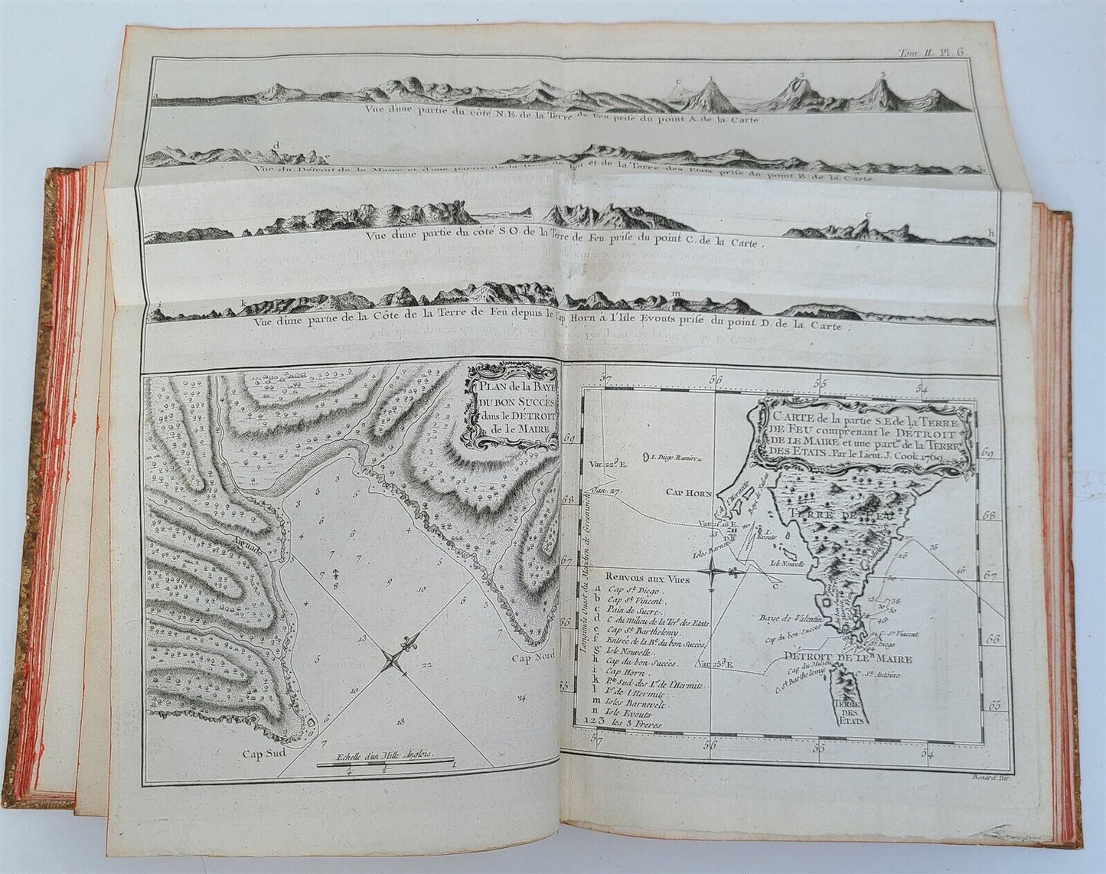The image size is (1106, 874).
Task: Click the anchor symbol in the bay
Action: (x=335, y=574)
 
